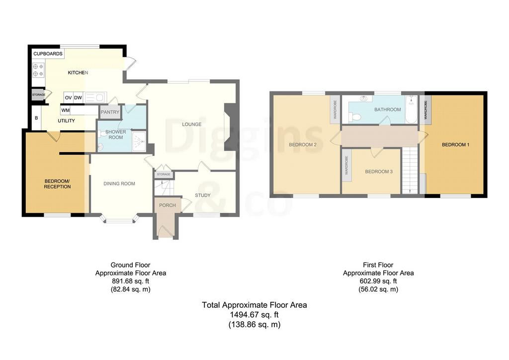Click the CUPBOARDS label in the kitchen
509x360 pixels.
coord(48,54)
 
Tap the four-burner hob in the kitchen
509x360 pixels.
coord(38,70)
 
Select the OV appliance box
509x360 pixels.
coord(68,98)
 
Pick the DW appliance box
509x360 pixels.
coord(78,98)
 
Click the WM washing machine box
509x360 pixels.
coord(66,110)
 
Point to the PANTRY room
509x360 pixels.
coord(110,112)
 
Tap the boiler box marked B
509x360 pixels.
coord(36,118)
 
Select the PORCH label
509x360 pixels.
coord(168,205)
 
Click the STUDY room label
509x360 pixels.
coord(203,195)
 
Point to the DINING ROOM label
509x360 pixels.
coord(119,184)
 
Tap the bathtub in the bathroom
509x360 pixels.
coord(411,109)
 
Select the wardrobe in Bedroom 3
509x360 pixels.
coord(346,166)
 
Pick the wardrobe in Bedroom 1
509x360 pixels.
coord(425,109)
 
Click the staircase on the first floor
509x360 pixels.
coord(410,170)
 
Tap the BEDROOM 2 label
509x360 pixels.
coord(303,145)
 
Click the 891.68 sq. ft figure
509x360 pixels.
coord(131,281)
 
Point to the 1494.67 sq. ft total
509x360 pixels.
coord(254,315)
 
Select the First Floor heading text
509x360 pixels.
coord(378,265)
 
